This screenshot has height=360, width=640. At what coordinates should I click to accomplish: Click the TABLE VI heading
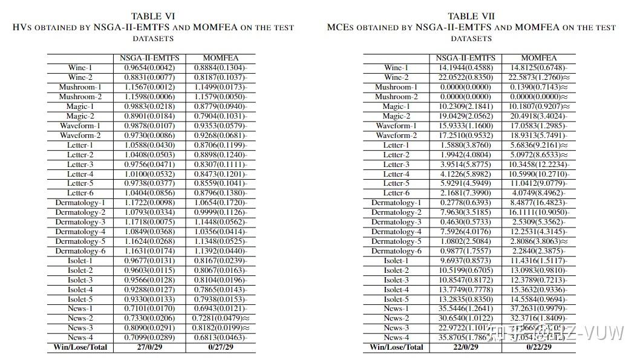point(152,16)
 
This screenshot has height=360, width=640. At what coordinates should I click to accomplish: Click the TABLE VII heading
point(471,16)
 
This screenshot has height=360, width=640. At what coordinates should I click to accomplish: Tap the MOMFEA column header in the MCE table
point(538,58)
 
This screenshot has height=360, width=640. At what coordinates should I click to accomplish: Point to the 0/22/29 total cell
point(538,347)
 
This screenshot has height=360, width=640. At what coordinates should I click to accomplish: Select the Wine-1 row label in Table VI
point(80,68)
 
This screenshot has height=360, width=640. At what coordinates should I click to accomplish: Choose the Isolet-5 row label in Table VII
point(396,299)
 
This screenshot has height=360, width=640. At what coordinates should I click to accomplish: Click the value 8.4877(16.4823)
point(538,203)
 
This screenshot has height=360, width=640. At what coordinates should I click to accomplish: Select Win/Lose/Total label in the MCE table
point(396,347)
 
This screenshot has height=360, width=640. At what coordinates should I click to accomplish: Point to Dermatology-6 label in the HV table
point(80,251)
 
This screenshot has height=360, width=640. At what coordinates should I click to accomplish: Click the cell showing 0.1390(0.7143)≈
point(538,87)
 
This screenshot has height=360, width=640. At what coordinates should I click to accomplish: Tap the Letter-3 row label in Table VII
point(396,165)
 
